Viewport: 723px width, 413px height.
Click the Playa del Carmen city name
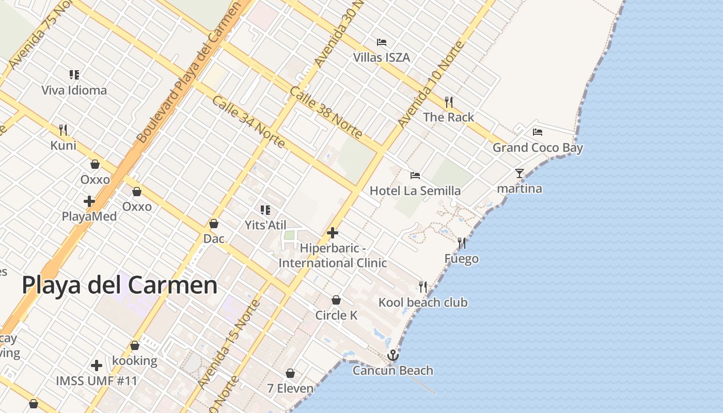[x=119, y=285]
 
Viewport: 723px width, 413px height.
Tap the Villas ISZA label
[x=382, y=57]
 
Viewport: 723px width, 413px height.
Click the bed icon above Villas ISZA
[x=382, y=42]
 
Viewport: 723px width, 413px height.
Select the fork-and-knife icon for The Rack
[x=449, y=102]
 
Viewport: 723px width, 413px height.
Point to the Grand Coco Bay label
[x=538, y=148]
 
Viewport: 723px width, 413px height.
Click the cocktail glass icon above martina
[x=520, y=173]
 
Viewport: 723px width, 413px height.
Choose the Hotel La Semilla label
[x=415, y=191]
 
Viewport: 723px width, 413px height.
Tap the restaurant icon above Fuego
[x=462, y=243]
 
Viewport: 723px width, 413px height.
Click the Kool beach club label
[x=423, y=303]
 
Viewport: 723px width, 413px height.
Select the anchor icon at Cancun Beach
[x=393, y=355]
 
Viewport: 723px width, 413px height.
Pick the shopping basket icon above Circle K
[x=336, y=300]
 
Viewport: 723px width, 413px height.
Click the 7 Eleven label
[x=290, y=388]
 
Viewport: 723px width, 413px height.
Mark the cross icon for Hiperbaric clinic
[x=333, y=233]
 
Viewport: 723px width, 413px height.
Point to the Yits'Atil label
[x=265, y=225]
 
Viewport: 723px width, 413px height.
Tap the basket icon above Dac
[x=214, y=224]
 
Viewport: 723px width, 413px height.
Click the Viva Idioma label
[x=74, y=90]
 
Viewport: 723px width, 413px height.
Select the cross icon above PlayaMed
[x=89, y=201]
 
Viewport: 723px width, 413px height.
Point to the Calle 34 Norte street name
[x=248, y=121]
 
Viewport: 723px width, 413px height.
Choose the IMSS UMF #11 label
[x=97, y=381]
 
